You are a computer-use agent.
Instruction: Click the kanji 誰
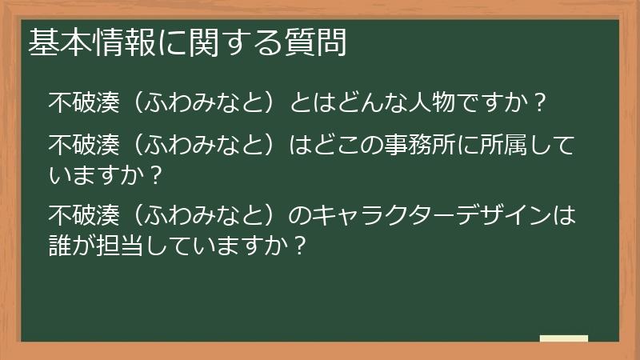[x=60, y=245]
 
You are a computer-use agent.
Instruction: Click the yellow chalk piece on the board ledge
[x=563, y=338]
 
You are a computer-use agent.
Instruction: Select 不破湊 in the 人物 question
[x=84, y=102]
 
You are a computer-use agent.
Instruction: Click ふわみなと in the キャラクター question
[x=202, y=216]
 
